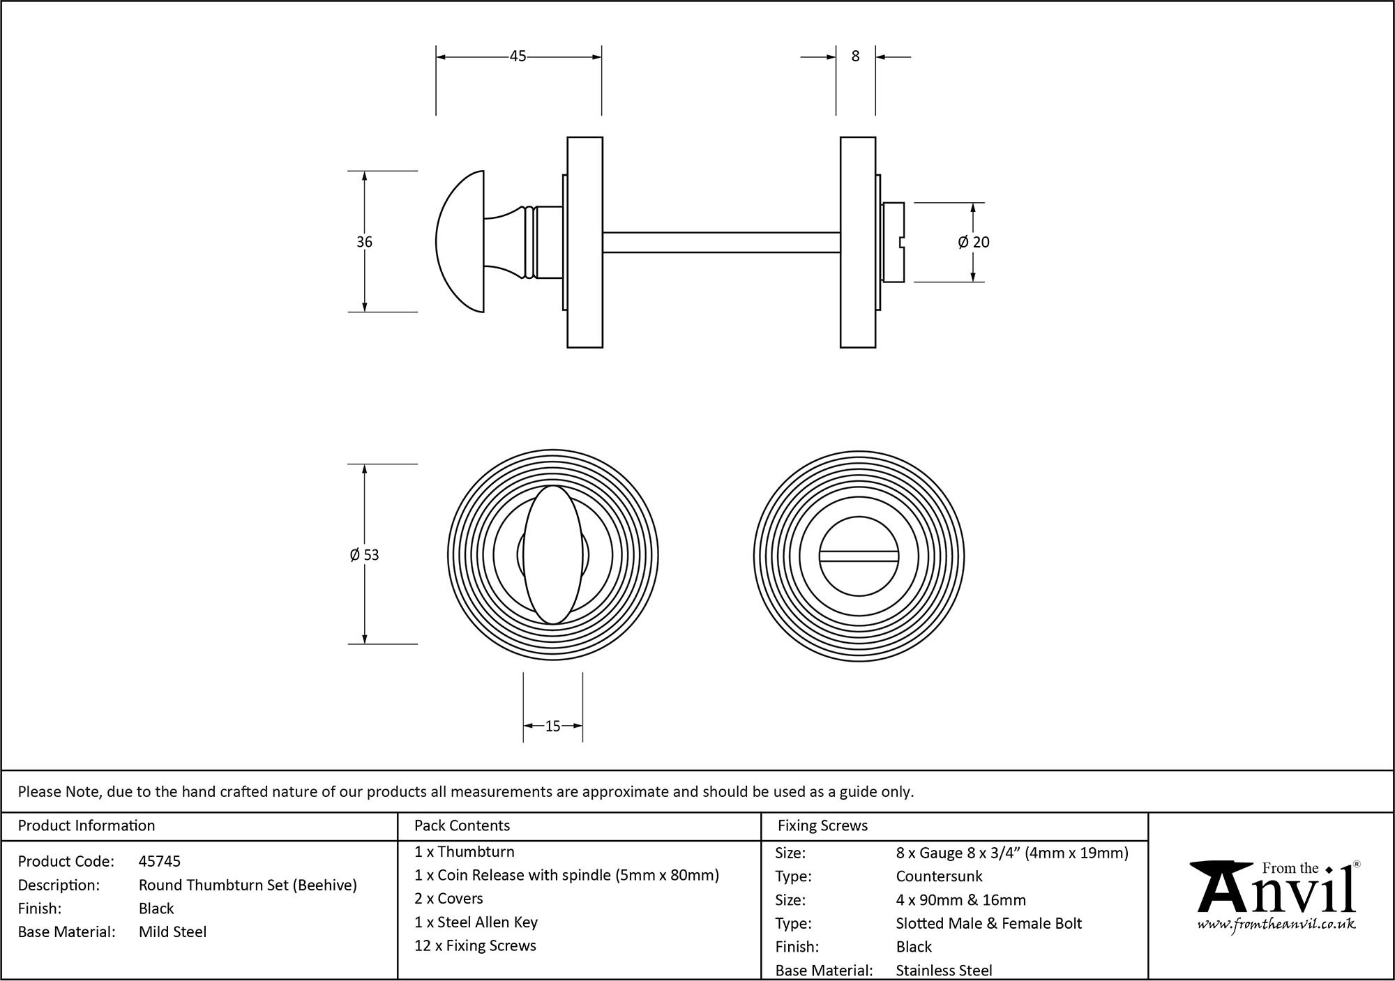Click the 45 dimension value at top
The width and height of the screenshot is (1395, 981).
pos(518,56)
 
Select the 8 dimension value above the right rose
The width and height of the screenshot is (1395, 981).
pos(856,56)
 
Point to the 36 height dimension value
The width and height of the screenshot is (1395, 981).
pos(364,242)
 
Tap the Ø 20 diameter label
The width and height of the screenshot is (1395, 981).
pos(974,242)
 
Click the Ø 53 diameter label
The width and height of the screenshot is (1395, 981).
pos(364,555)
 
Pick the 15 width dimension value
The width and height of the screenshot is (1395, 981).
pos(552,727)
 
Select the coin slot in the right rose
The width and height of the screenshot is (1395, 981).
pos(859,556)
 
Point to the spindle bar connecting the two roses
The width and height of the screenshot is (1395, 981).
pos(721,242)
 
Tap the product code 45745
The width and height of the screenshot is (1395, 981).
pos(160,861)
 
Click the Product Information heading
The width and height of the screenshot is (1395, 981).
pos(86,826)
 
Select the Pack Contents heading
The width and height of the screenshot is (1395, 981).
pos(462,826)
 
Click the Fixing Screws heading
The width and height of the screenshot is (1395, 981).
pos(822,826)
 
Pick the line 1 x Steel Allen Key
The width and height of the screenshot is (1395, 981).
pos(476,922)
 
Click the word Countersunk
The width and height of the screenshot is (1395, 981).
pos(939,876)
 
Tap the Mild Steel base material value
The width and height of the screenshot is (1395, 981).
pos(172,931)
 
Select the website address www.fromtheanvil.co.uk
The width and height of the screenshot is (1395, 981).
pos(1276,925)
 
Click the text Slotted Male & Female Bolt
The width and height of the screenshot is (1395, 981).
pos(988,923)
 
